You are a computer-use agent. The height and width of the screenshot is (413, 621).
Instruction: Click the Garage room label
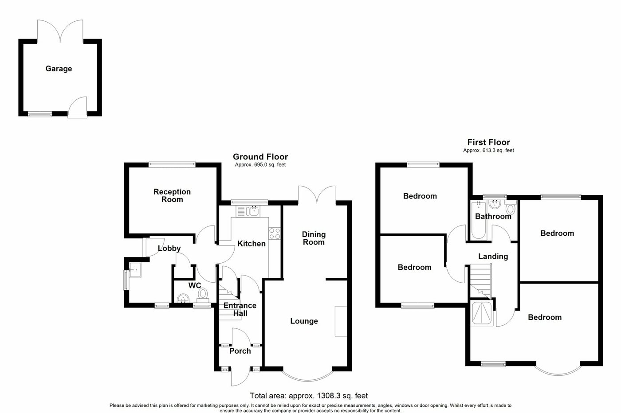(x=59, y=69)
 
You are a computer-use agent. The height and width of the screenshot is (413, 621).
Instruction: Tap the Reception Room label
(x=172, y=195)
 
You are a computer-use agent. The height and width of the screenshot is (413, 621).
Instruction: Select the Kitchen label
(x=252, y=244)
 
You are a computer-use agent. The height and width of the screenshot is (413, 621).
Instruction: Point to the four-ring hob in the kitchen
(x=274, y=234)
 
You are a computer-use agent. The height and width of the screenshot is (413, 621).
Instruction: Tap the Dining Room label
(x=314, y=238)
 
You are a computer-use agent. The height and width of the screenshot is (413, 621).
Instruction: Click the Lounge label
(x=304, y=321)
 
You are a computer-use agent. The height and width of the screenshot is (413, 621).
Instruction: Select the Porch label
(x=240, y=351)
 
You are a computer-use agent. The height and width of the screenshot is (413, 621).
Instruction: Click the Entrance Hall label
(x=240, y=309)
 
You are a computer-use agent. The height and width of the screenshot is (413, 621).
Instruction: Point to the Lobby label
(x=169, y=249)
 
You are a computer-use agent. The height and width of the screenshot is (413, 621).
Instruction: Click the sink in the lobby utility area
(x=134, y=269)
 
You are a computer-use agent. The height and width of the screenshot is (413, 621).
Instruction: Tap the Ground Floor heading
(x=260, y=157)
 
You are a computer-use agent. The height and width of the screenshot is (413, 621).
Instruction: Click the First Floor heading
(x=488, y=142)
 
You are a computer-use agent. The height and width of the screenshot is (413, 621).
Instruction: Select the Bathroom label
(x=493, y=217)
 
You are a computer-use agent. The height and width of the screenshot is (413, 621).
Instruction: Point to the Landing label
(x=493, y=257)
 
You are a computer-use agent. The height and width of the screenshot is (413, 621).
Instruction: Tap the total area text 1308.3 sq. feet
(x=309, y=396)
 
